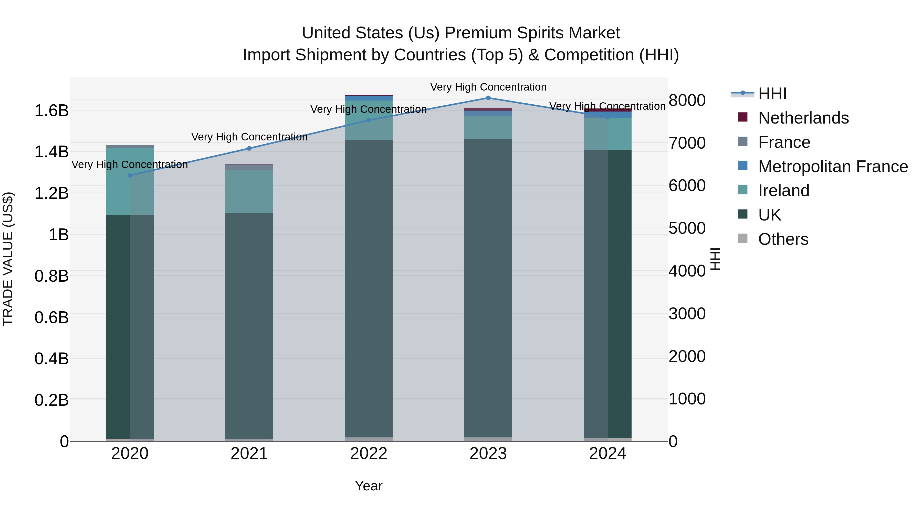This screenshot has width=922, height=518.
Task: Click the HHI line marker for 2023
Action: [x=488, y=98]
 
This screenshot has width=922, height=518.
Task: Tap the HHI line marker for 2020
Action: [x=130, y=175]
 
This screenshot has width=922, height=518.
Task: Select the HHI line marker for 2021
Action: [x=249, y=148]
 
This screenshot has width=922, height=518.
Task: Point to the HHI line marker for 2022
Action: [x=369, y=120]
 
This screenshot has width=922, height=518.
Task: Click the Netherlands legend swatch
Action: [x=743, y=117]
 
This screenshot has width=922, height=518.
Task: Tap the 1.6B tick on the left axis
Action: [x=51, y=111]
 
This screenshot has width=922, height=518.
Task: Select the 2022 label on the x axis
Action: [x=369, y=454]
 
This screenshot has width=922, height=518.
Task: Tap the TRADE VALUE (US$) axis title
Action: [x=8, y=259]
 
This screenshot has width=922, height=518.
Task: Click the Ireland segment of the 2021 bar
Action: [x=249, y=191]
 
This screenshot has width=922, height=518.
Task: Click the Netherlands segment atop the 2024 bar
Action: [x=608, y=110]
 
